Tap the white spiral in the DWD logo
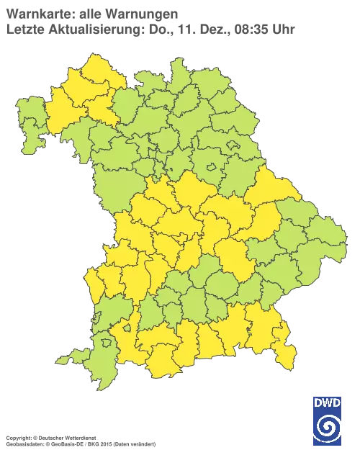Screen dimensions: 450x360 tap(328, 426)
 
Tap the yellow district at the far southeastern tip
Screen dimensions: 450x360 tap(287, 357)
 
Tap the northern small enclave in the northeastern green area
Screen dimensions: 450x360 tap(233, 145)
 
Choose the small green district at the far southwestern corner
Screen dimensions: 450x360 tap(84, 356)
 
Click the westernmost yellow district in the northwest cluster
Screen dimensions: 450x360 tap(54, 115)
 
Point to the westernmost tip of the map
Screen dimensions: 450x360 tap(16, 119)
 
